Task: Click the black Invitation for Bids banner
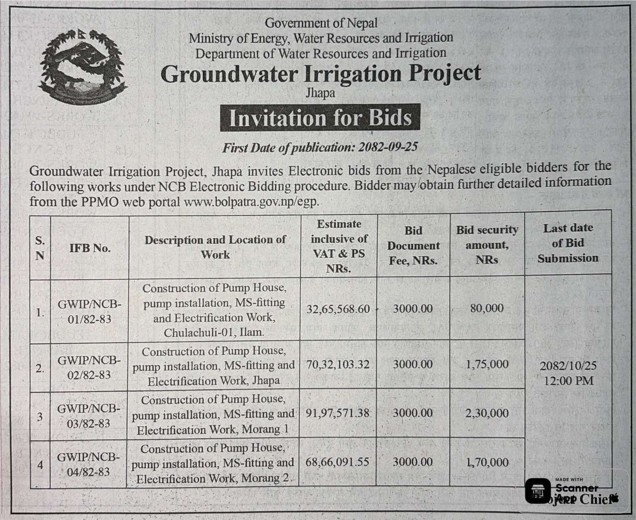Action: (320, 118)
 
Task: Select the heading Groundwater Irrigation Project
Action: (320, 74)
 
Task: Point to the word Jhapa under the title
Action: (320, 93)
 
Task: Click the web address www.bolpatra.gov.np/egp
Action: (251, 202)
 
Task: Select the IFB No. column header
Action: (90, 248)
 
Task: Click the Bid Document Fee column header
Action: (413, 246)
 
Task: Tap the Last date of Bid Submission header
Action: (568, 243)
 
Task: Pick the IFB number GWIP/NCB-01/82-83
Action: (89, 312)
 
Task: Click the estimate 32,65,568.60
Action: (338, 309)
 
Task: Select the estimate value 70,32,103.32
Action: (338, 365)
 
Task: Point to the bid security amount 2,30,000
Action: (487, 413)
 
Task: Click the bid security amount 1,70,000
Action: (487, 462)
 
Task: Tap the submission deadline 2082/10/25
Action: (568, 366)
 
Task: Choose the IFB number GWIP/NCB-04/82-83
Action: (88, 465)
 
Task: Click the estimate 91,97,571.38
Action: (337, 413)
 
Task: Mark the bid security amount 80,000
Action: (487, 308)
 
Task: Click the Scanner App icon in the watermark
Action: (538, 491)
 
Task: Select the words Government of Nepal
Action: (321, 23)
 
